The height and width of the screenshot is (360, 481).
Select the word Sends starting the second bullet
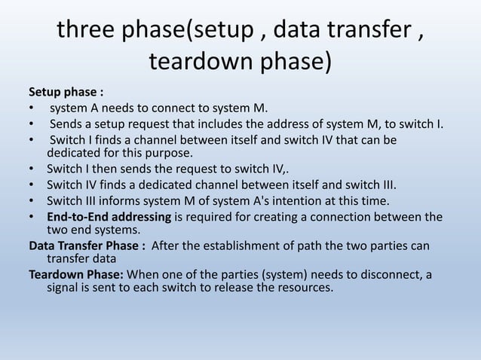(x=66, y=124)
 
